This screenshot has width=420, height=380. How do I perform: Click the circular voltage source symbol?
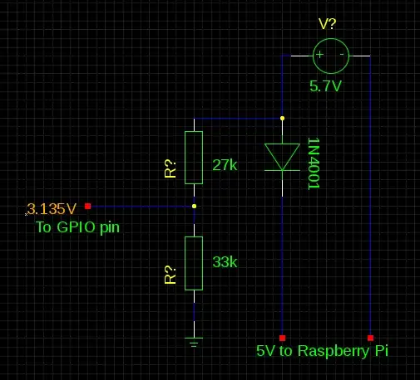tap(330, 56)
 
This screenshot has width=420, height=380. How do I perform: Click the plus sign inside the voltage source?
tap(319, 56)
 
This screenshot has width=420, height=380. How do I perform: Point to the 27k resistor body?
tap(194, 157)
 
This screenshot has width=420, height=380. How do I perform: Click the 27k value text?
tap(225, 165)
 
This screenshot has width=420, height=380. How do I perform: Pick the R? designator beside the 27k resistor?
tap(170, 168)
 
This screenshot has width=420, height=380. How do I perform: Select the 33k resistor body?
tap(194, 263)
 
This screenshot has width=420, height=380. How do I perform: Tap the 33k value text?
tap(225, 262)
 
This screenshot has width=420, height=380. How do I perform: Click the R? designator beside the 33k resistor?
tap(170, 275)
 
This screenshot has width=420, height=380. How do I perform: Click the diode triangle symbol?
tap(282, 157)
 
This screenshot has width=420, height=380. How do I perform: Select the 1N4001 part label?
tap(314, 163)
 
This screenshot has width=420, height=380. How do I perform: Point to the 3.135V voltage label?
tap(52, 208)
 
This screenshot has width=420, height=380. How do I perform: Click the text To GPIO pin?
tap(77, 227)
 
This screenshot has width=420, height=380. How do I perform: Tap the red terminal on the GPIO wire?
tap(87, 206)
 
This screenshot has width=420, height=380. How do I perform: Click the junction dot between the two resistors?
tap(194, 206)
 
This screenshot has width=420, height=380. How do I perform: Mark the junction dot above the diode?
tap(282, 119)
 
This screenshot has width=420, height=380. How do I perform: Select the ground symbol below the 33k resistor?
tap(194, 341)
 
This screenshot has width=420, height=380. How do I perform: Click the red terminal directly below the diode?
tap(282, 337)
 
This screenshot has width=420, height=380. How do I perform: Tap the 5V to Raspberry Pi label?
tap(322, 352)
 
